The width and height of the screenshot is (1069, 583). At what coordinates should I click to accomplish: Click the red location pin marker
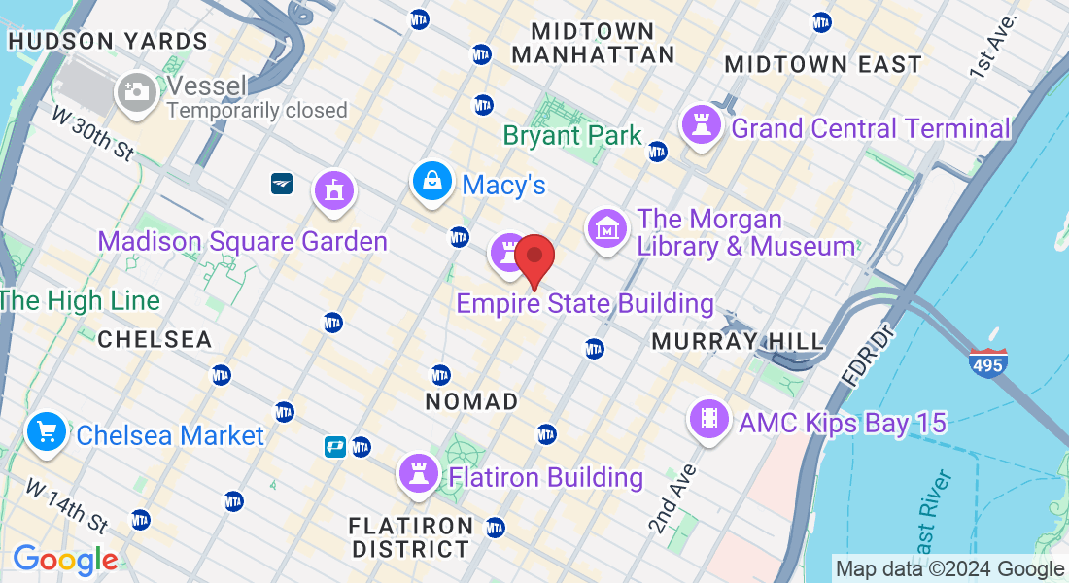pos(534,259)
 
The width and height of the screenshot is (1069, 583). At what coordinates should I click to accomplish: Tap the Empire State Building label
pos(585,304)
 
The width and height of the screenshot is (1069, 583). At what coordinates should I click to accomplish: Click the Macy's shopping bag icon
pos(431,182)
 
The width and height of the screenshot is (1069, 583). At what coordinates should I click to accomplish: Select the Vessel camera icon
pos(136,92)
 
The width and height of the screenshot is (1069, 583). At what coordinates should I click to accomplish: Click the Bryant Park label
pos(572,135)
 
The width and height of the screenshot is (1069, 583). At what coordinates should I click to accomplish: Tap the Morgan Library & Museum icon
pos(607,229)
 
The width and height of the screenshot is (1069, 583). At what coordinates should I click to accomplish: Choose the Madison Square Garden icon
pos(334,190)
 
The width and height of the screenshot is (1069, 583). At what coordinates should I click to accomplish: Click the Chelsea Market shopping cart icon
pos(46,431)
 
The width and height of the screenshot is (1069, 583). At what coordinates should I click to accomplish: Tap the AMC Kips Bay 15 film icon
pos(707,419)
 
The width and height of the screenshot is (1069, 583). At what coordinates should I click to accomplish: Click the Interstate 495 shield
pos(987,363)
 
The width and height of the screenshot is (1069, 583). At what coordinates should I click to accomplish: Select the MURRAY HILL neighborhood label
pos(738,341)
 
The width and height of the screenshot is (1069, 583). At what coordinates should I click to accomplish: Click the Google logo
pos(65,560)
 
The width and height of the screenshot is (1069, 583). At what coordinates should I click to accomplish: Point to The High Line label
pos(80,300)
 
